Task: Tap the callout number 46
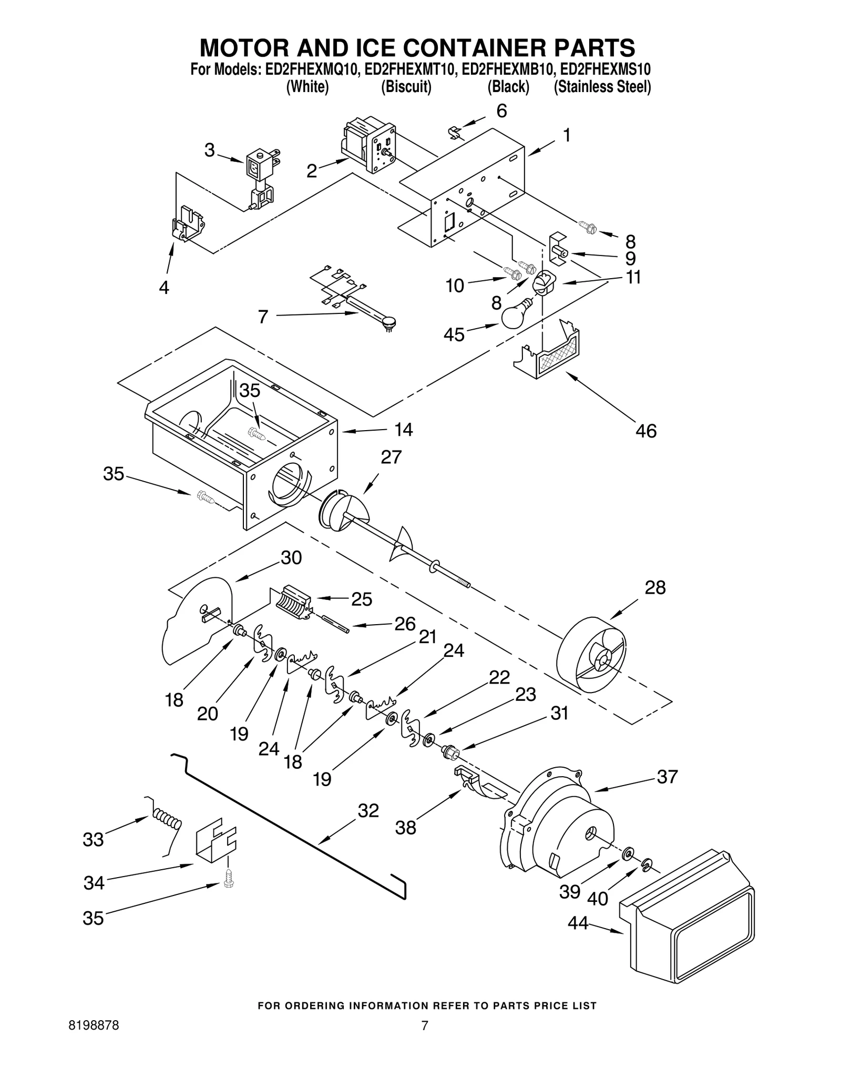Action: pos(646,431)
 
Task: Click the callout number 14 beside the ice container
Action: pos(404,430)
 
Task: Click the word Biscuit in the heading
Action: pos(406,87)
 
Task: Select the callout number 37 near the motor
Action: pos(667,777)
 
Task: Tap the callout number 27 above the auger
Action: pos(391,457)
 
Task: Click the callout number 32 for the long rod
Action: pos(368,811)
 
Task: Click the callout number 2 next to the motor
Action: pos(312,171)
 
